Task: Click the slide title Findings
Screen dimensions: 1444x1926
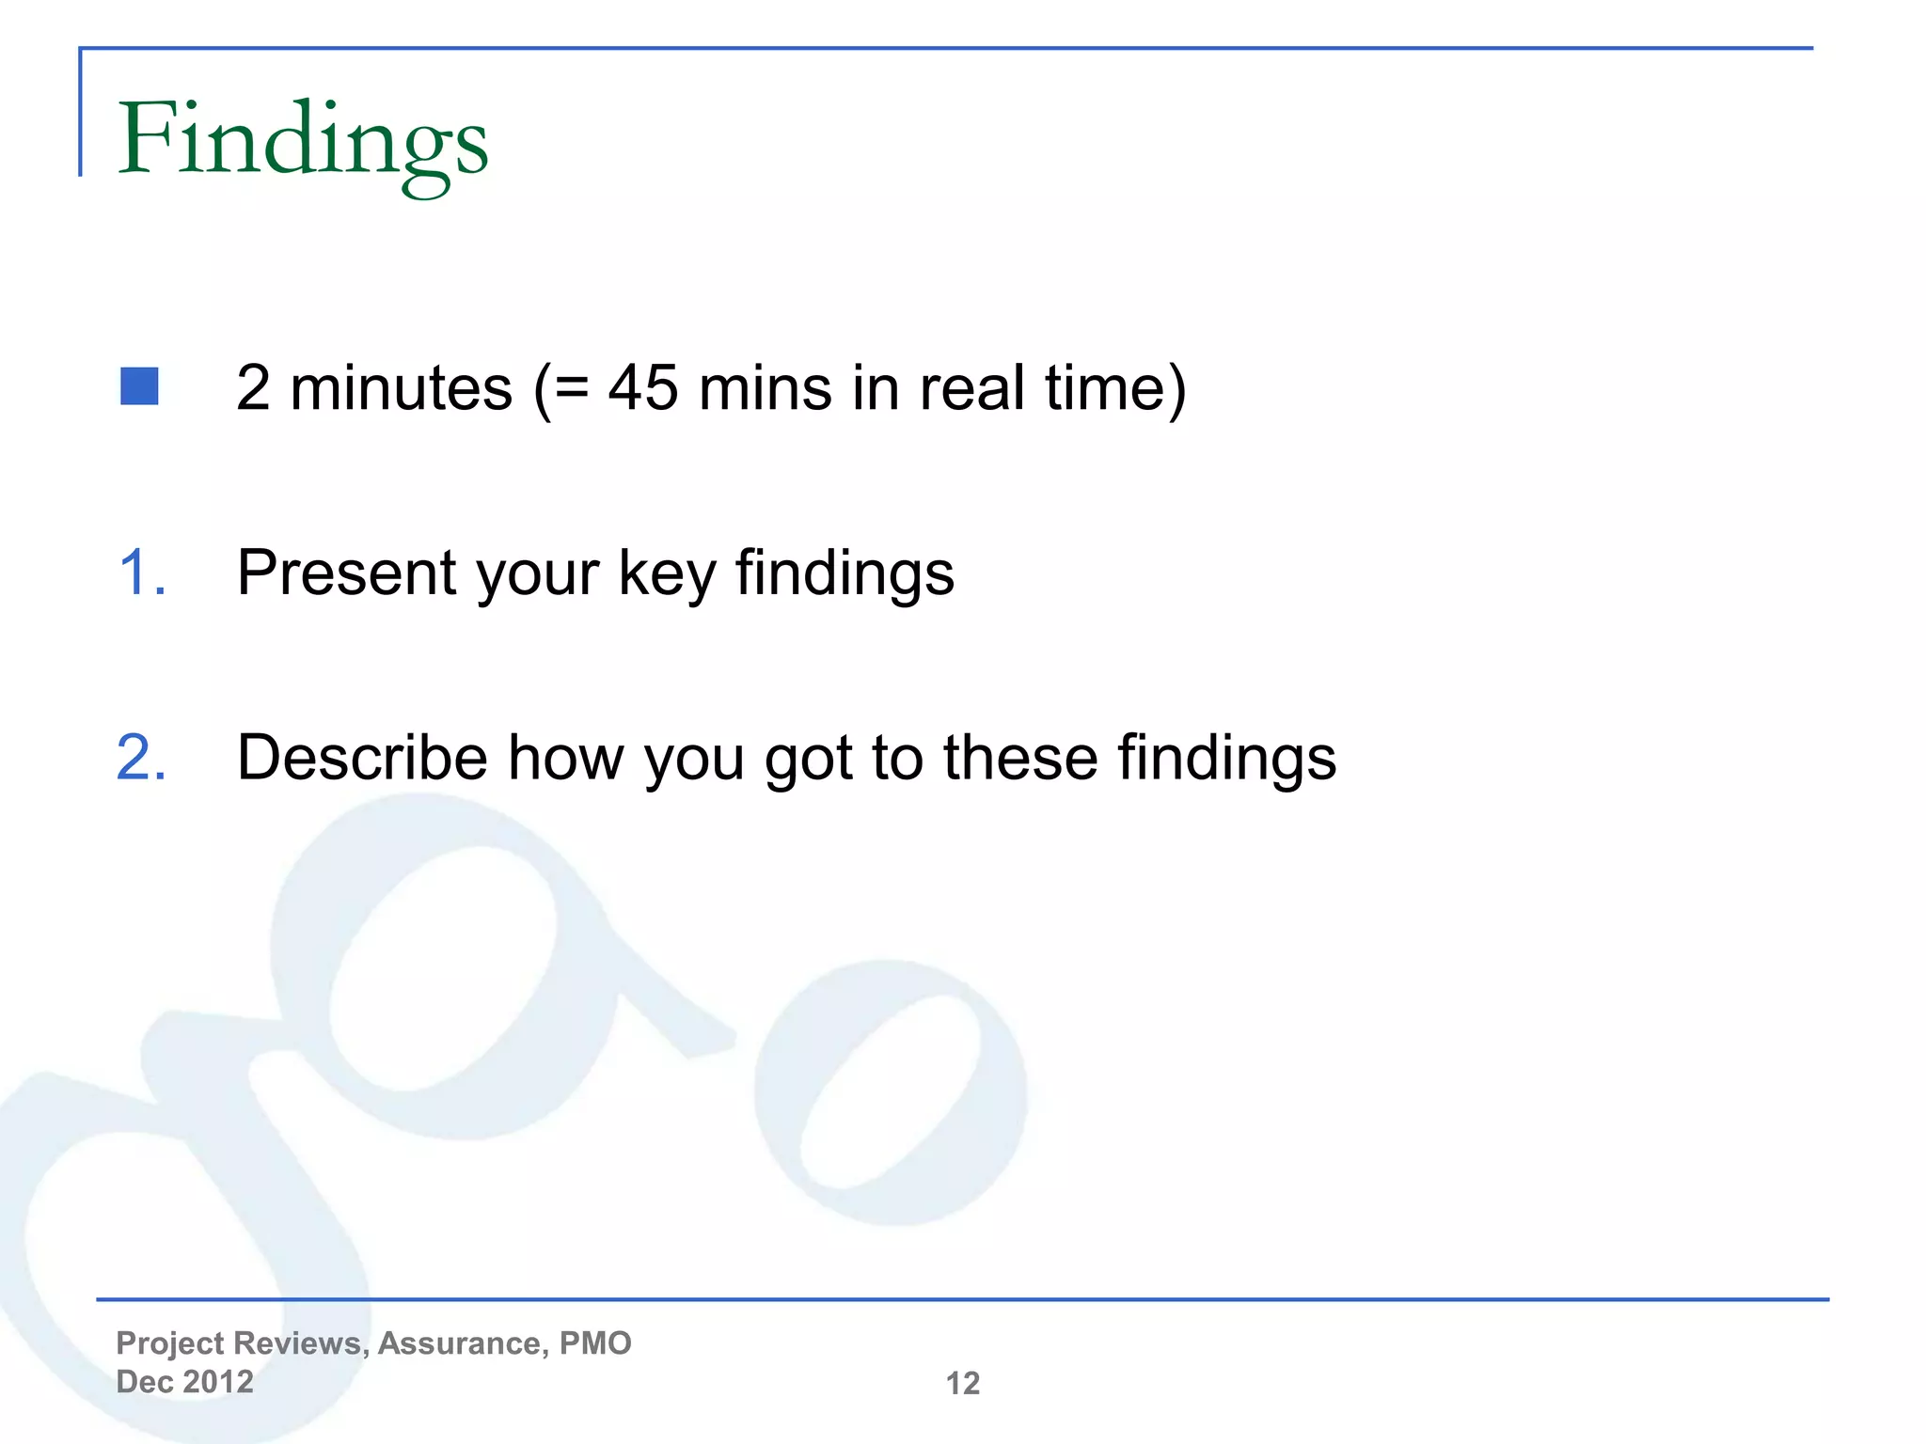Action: (303, 141)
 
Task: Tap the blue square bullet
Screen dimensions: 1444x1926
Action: (139, 386)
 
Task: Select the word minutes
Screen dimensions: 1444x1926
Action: (402, 387)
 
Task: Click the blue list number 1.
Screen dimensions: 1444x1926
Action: (142, 573)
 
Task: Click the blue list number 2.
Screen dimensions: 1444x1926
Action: (142, 758)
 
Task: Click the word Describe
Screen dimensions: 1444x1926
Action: (362, 758)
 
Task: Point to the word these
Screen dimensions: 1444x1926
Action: (1020, 758)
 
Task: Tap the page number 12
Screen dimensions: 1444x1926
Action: (962, 1383)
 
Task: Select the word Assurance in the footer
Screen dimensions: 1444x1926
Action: (463, 1343)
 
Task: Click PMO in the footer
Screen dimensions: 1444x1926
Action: (595, 1343)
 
